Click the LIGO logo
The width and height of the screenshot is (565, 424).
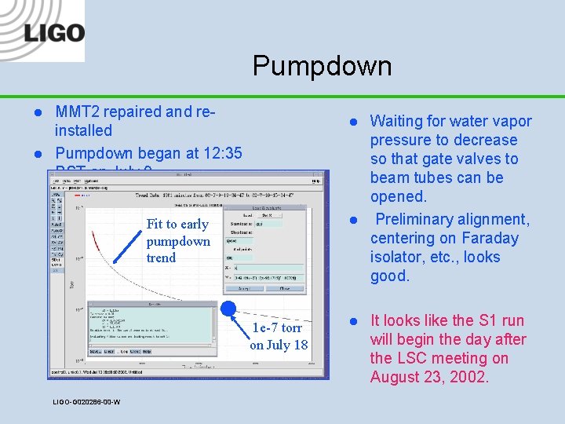coord(53,32)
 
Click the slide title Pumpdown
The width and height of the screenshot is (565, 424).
coord(322,66)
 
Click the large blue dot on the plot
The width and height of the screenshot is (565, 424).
coord(230,310)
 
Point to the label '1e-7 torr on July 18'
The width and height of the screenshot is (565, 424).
coord(279,336)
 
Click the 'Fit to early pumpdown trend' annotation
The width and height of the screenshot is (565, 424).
coord(178,240)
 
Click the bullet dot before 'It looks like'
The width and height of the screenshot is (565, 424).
coord(354,321)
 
